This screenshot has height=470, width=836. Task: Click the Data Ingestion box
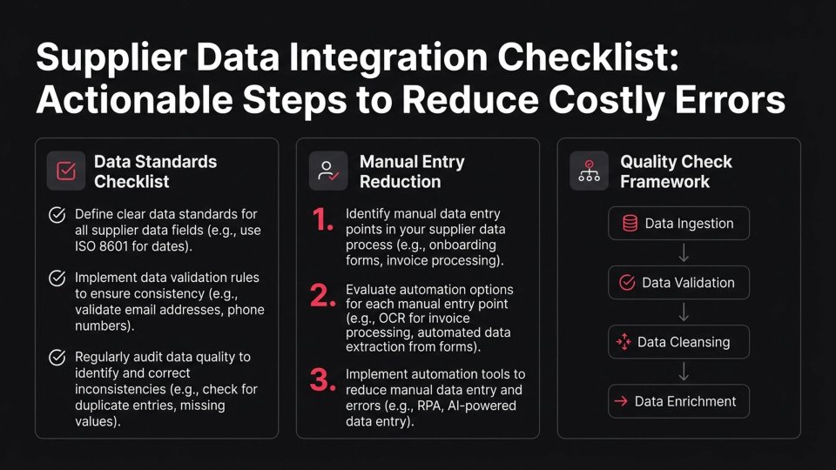(x=678, y=224)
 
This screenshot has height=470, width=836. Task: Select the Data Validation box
(x=678, y=283)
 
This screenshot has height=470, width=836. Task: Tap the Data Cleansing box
(x=678, y=342)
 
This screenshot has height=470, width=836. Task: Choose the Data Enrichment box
(x=678, y=401)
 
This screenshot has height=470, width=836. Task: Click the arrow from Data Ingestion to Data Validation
(x=684, y=253)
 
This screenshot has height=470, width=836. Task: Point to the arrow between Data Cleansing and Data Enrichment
(x=684, y=372)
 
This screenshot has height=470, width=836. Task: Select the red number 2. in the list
(x=322, y=298)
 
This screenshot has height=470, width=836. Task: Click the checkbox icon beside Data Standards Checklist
(x=66, y=171)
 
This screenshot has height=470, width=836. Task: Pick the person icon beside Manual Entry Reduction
(x=328, y=171)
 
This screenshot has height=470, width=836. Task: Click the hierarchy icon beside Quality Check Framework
(x=589, y=171)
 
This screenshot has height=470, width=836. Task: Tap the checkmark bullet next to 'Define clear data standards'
(x=57, y=215)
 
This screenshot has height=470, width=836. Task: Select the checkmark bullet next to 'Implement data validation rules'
(x=57, y=279)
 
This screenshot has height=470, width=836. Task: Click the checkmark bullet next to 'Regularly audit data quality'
(x=57, y=358)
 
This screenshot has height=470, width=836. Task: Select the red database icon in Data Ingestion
(x=630, y=224)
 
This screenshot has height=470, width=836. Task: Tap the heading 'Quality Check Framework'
(x=676, y=171)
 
